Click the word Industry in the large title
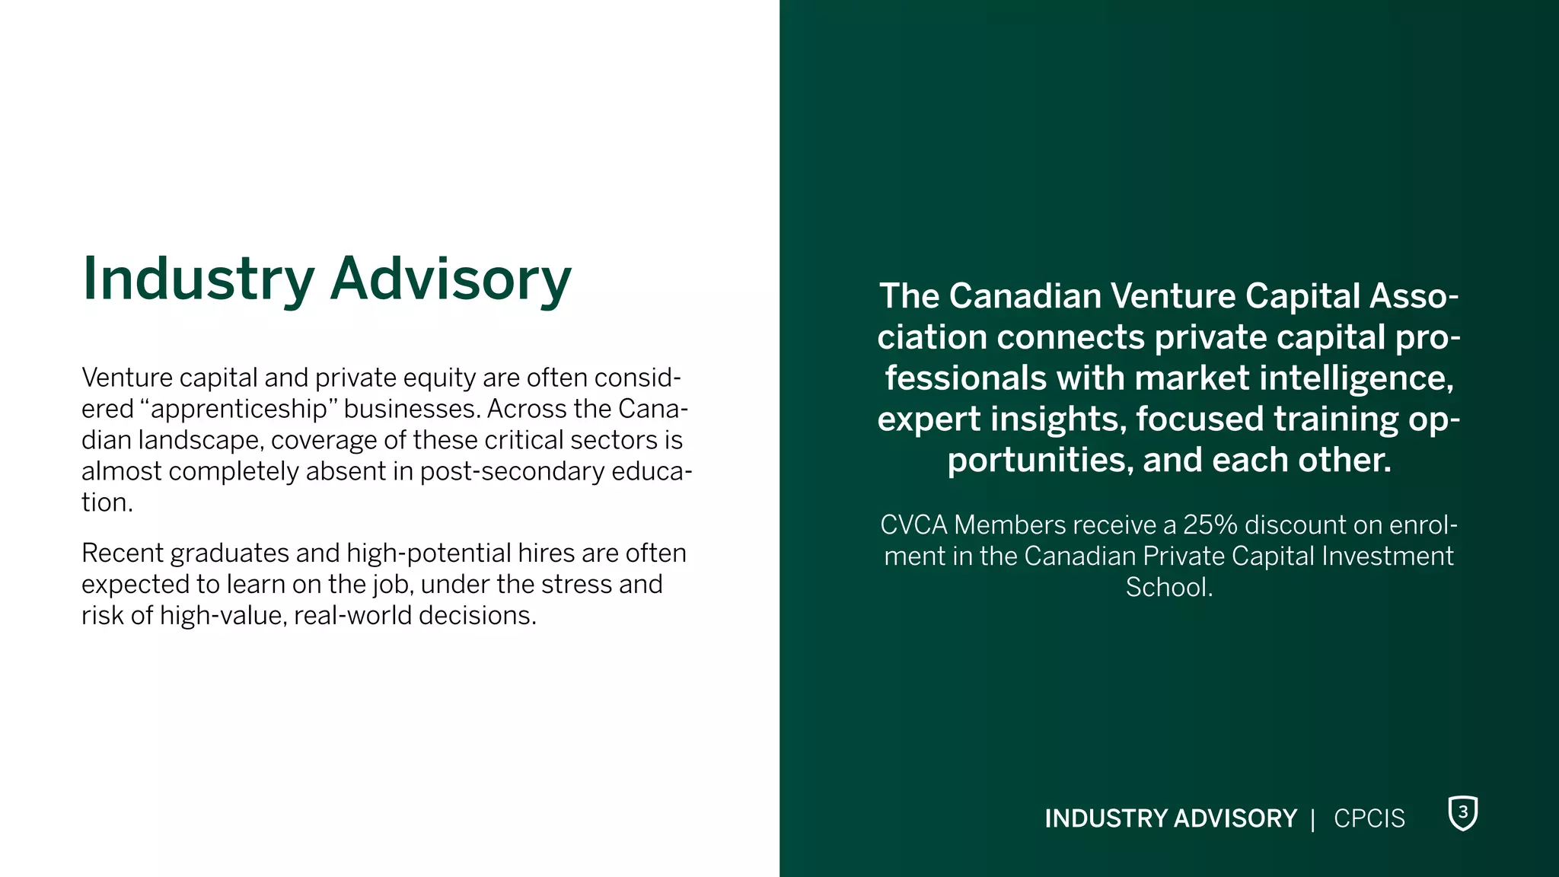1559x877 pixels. tap(198, 279)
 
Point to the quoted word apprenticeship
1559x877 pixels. tap(239, 409)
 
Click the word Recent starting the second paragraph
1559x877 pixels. tap(122, 553)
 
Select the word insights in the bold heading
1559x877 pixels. tap(1058, 419)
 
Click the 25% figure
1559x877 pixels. tap(1210, 525)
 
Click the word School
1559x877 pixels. tap(1168, 588)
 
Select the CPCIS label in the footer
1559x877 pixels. tap(1369, 818)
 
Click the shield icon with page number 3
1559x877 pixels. tap(1462, 813)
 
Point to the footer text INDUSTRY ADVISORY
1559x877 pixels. tap(1170, 818)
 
